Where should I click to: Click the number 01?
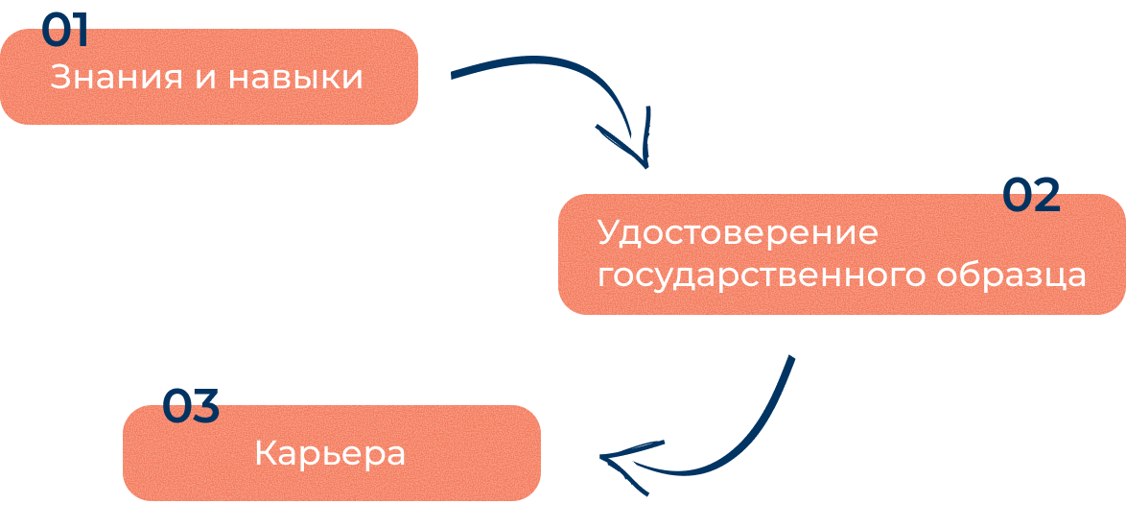coord(64,31)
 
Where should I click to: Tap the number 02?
coord(1031,196)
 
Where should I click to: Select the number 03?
coord(190,407)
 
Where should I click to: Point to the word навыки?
coord(295,78)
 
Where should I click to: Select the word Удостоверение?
coord(738,233)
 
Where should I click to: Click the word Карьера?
coord(330,454)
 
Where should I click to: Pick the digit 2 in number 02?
coord(1046,196)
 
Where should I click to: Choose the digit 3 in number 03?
coord(205,407)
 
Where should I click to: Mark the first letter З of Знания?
coord(58,77)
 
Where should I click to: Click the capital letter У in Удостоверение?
coord(606,233)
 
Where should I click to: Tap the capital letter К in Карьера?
coord(264,453)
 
